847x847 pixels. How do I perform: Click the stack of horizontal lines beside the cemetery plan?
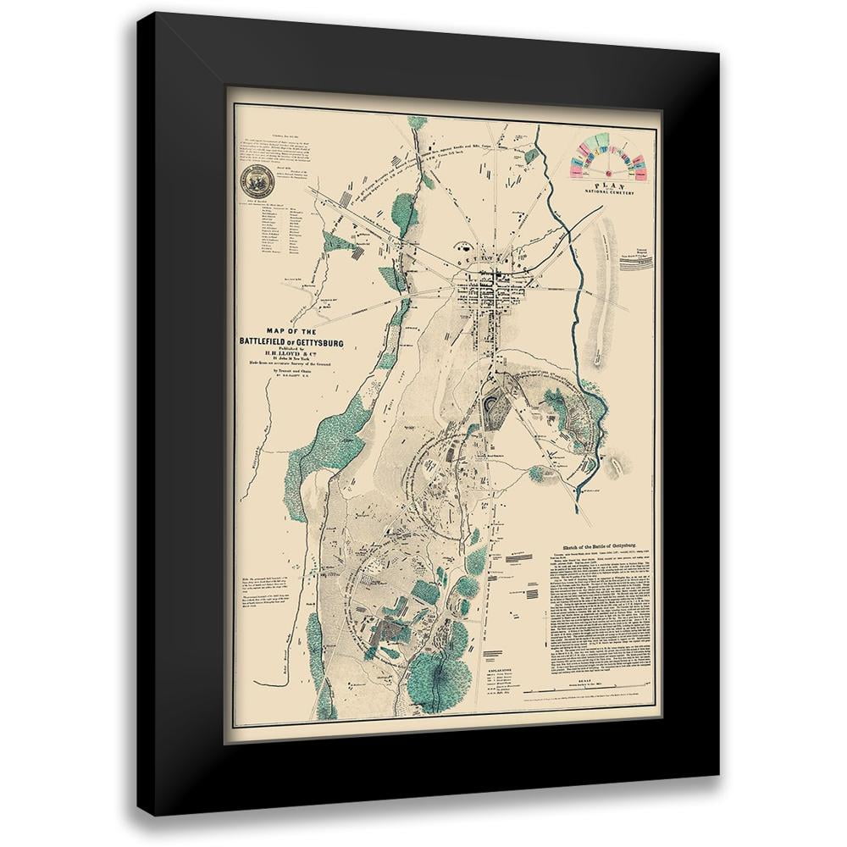[636, 264]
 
